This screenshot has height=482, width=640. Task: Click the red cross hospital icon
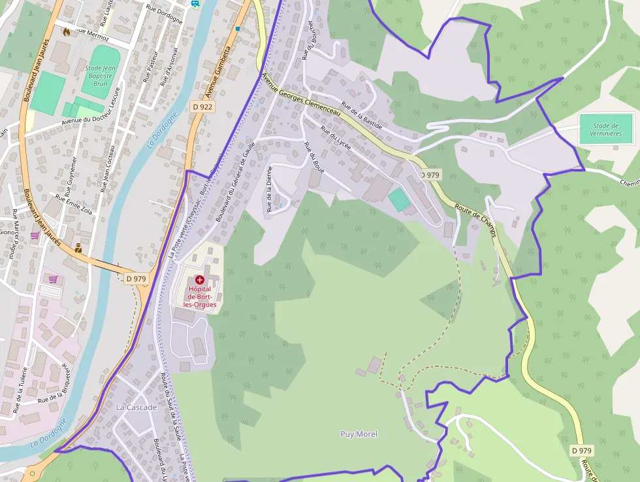pos(200,280)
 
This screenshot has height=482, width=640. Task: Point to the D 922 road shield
pos(202,107)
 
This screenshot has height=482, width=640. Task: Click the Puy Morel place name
pos(359,434)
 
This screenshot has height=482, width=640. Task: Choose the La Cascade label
pos(136,407)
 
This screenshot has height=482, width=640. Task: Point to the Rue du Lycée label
pos(336,137)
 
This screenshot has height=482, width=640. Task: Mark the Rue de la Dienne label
pos(269,189)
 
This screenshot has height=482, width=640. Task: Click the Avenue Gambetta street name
pos(219,69)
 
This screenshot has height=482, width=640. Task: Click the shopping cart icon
pos(53,279)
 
